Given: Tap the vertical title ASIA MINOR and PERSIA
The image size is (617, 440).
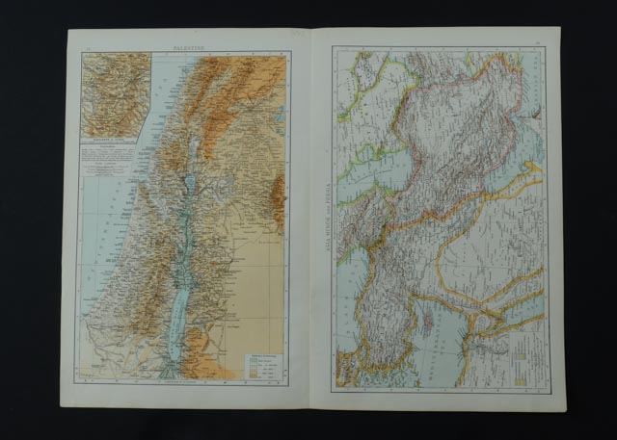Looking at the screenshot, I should point(324,217).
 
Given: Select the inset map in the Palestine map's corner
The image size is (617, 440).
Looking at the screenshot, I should point(116,95).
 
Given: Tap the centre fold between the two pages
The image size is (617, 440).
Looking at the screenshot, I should point(310,221).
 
